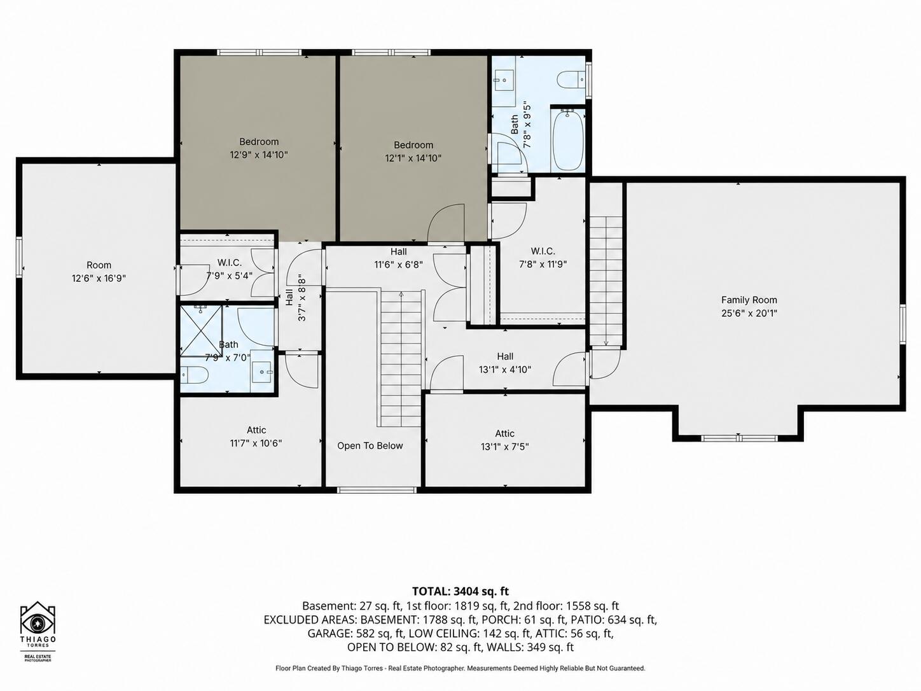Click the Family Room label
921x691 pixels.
(x=749, y=300)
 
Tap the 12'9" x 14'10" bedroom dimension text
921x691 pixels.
(x=259, y=155)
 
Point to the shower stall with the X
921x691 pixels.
(x=202, y=331)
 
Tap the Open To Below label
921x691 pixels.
(x=370, y=445)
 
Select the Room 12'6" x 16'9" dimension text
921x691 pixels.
(x=99, y=278)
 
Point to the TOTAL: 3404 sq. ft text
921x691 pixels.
(x=460, y=591)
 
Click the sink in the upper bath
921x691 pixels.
(x=504, y=79)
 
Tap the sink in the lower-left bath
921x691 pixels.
(x=263, y=372)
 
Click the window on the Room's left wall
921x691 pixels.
(x=19, y=257)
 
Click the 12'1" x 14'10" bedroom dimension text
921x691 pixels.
(x=413, y=158)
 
